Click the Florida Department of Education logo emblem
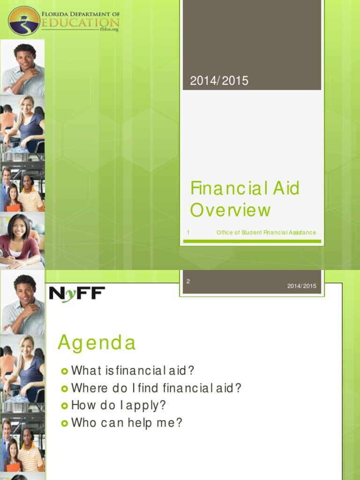click(24, 21)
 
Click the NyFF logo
click(77, 294)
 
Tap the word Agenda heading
click(97, 343)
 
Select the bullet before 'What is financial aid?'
click(65, 371)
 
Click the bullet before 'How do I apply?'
click(65, 406)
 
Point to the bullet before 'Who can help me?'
click(65, 423)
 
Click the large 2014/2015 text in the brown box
click(219, 81)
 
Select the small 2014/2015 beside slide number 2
click(302, 286)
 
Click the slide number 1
click(188, 232)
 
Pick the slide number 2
click(188, 281)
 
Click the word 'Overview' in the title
click(230, 210)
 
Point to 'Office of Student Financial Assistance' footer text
click(266, 232)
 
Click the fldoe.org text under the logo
click(109, 30)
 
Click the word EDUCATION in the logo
click(80, 22)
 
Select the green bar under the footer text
click(252, 241)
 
